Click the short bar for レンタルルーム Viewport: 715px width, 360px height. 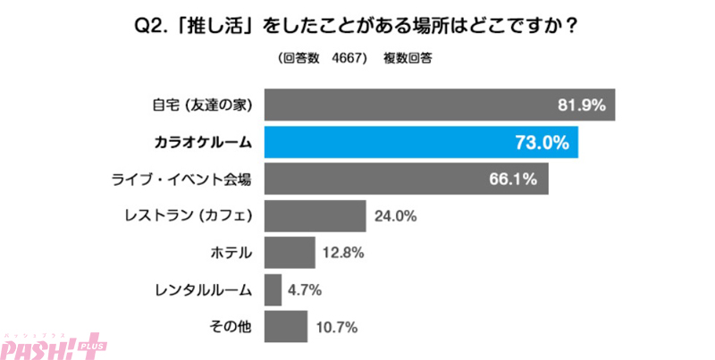click(x=273, y=290)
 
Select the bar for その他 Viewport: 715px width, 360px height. click(x=286, y=327)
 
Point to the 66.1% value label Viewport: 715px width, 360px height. click(x=512, y=180)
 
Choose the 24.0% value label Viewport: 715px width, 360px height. click(x=395, y=216)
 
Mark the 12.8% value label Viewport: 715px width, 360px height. click(x=343, y=253)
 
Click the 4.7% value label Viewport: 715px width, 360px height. click(x=305, y=290)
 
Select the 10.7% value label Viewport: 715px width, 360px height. click(x=336, y=327)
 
